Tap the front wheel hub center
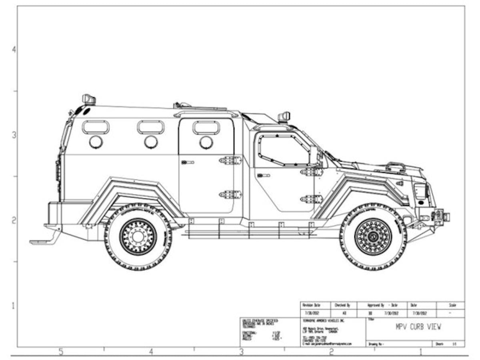click(x=373, y=237)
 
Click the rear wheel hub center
click(x=138, y=237)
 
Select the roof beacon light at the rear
click(x=89, y=99)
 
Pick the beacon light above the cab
click(x=284, y=117)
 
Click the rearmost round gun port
click(x=96, y=142)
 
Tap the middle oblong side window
click(x=150, y=127)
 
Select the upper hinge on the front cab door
click(x=311, y=172)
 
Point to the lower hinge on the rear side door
click(x=230, y=195)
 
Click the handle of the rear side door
click(x=187, y=162)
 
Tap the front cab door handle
click(x=263, y=175)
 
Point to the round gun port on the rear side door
click(x=206, y=142)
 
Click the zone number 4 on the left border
click(x=14, y=50)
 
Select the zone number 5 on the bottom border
click(x=61, y=352)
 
